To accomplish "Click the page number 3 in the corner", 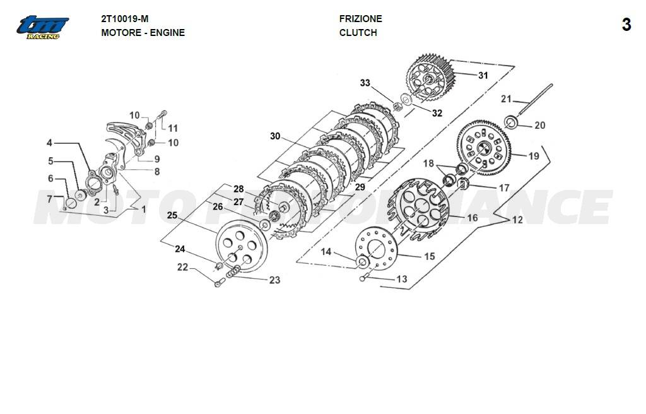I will pos(626,25).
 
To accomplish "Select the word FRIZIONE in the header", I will pos(360,19).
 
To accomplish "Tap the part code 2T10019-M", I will pos(125,19).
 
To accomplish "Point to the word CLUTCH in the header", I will pos(358,33).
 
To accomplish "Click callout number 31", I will pos(483,75).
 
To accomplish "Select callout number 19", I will pos(534,156).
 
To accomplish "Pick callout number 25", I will pos(172,216).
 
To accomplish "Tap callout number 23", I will pos(274,280).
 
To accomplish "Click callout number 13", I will pos(402,279).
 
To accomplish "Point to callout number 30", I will pos(274,136).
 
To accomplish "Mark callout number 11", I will pos(173,129).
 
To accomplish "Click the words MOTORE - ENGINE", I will pos(143,33).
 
